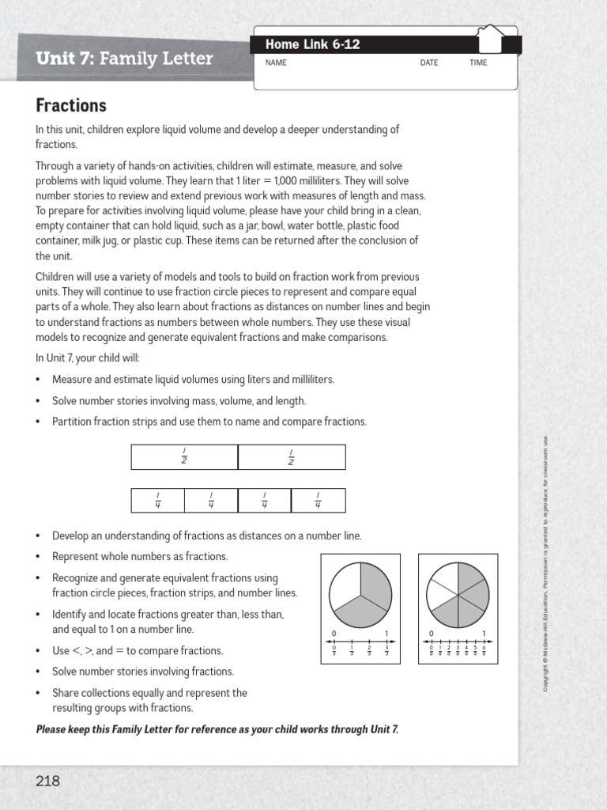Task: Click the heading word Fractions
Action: click(x=71, y=105)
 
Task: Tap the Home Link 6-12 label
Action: click(x=312, y=45)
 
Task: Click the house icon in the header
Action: click(x=491, y=40)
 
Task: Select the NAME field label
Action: click(x=276, y=63)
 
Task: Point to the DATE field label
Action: click(x=429, y=63)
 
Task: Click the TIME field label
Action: click(x=478, y=63)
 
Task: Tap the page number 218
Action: click(x=47, y=781)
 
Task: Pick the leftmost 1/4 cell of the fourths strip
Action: click(x=157, y=501)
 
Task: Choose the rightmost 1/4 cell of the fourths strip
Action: click(x=318, y=501)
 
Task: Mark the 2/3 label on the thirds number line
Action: click(x=369, y=651)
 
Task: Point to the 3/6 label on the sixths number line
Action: click(x=458, y=651)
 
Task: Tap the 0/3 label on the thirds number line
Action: click(x=334, y=651)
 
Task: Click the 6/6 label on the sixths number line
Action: click(x=484, y=651)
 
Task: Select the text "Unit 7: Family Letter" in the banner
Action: click(x=124, y=59)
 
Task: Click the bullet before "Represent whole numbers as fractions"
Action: click(x=39, y=557)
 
